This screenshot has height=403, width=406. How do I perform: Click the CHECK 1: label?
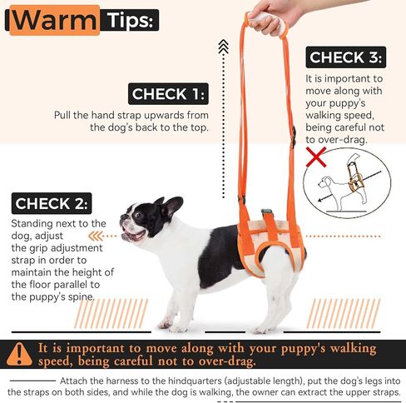[168, 94]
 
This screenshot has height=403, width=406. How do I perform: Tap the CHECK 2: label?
[52, 203]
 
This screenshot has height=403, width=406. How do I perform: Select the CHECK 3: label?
[346, 57]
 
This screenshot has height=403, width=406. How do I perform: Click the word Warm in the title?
[55, 20]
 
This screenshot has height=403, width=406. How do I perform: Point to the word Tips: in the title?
[130, 20]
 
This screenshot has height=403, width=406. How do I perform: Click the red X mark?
[316, 157]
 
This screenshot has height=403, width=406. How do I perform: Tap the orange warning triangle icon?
[19, 354]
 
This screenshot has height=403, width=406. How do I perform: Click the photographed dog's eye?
[138, 215]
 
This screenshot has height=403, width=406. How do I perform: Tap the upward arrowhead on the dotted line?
[223, 46]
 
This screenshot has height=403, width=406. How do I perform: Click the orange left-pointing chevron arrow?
[95, 236]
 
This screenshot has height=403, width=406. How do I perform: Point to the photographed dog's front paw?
[166, 325]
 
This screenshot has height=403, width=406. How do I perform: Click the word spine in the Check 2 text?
[82, 297]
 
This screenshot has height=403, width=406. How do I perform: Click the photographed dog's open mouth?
[134, 235]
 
